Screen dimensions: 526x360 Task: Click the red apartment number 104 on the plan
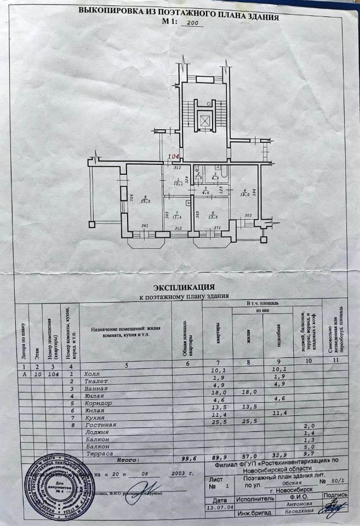174,157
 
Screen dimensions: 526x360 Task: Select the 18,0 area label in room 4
245,194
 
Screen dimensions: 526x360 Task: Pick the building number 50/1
336,482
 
